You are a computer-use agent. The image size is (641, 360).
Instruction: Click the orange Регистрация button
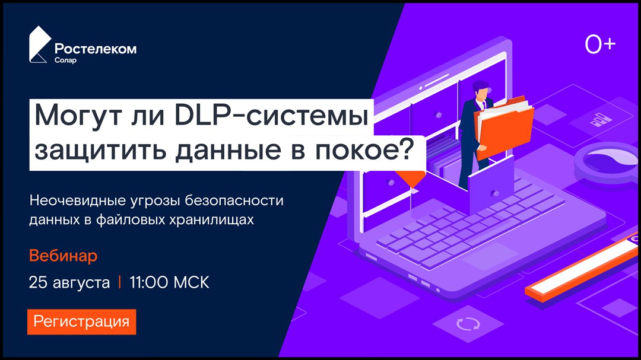click(82, 321)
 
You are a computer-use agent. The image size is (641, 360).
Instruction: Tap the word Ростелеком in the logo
click(96, 49)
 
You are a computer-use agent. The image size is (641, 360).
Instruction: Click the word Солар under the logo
click(65, 60)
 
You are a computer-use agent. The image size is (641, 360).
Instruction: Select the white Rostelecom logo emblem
click(40, 44)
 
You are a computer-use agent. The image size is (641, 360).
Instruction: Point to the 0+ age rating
click(600, 44)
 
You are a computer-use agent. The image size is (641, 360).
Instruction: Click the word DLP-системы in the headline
click(272, 116)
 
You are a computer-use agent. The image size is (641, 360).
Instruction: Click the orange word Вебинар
click(64, 256)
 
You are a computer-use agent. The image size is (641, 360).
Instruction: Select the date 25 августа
click(69, 282)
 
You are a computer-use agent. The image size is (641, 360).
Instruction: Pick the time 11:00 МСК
click(169, 282)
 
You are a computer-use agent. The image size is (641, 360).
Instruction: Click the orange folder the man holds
click(505, 128)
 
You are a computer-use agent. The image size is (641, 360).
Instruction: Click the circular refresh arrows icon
click(468, 324)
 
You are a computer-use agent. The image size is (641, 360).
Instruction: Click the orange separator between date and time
click(120, 282)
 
